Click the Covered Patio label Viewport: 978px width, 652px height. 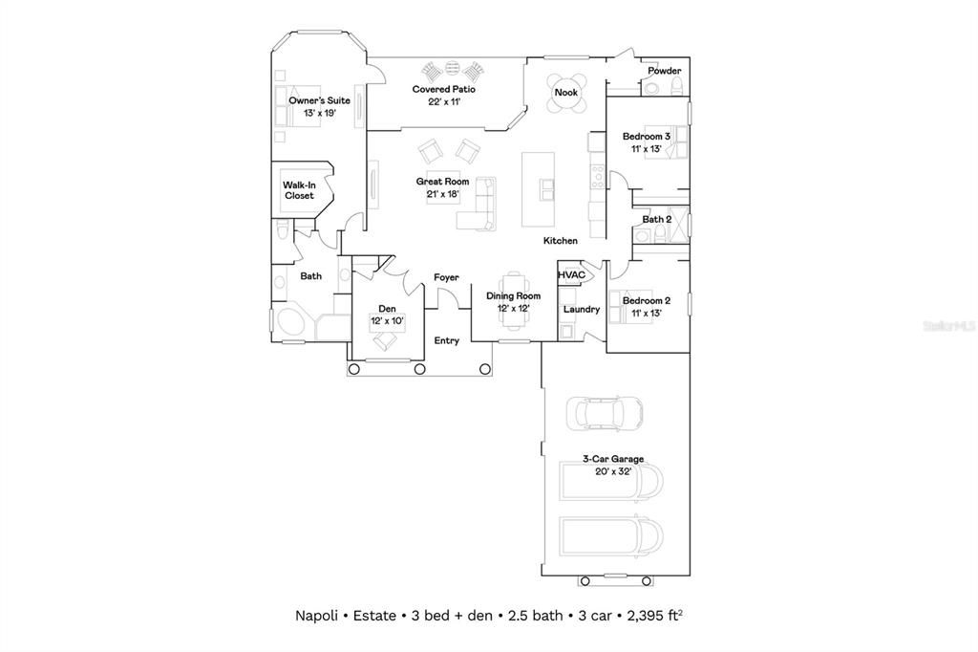[443, 89]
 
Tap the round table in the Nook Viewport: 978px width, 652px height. [566, 93]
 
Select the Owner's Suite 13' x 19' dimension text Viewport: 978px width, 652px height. [319, 113]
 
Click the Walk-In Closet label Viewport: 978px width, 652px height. [299, 190]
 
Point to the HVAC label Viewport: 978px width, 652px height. [571, 274]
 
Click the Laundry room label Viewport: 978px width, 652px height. [582, 309]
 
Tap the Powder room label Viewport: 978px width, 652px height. [665, 71]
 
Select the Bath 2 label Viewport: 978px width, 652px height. [657, 219]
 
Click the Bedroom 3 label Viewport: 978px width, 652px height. [647, 136]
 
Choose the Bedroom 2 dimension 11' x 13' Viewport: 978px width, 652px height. [647, 314]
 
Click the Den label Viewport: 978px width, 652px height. [388, 309]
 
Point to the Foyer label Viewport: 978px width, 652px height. [447, 277]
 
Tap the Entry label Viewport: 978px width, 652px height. [447, 340]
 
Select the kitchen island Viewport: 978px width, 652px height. [539, 189]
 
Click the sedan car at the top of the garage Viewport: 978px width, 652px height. [605, 413]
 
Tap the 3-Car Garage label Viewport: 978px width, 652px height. [613, 458]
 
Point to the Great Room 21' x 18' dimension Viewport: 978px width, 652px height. [443, 194]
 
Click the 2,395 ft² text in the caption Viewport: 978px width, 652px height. [654, 616]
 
